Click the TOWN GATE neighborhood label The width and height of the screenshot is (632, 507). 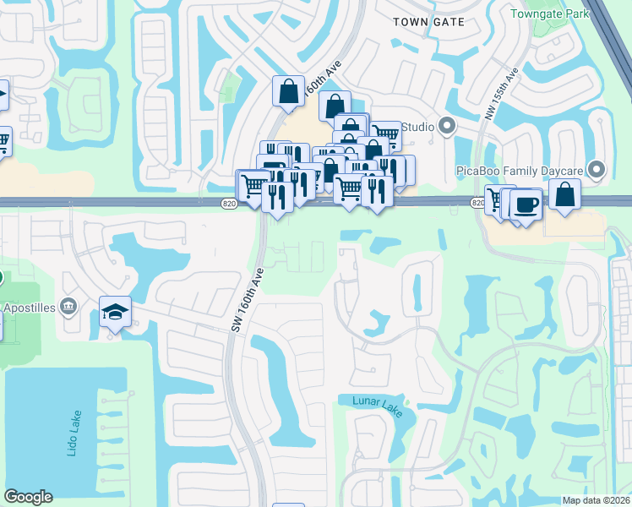[x=429, y=22]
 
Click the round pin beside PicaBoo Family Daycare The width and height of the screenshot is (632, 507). [x=597, y=171]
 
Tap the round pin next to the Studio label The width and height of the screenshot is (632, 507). [x=447, y=128]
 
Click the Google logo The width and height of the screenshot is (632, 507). [x=28, y=497]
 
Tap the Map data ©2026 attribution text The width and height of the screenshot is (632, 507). [x=596, y=500]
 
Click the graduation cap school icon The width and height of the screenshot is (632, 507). [x=114, y=313]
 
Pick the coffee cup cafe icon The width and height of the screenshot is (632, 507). [x=526, y=204]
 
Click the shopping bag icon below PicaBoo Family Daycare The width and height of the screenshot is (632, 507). [x=564, y=194]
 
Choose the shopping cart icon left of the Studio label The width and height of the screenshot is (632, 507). [x=385, y=134]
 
